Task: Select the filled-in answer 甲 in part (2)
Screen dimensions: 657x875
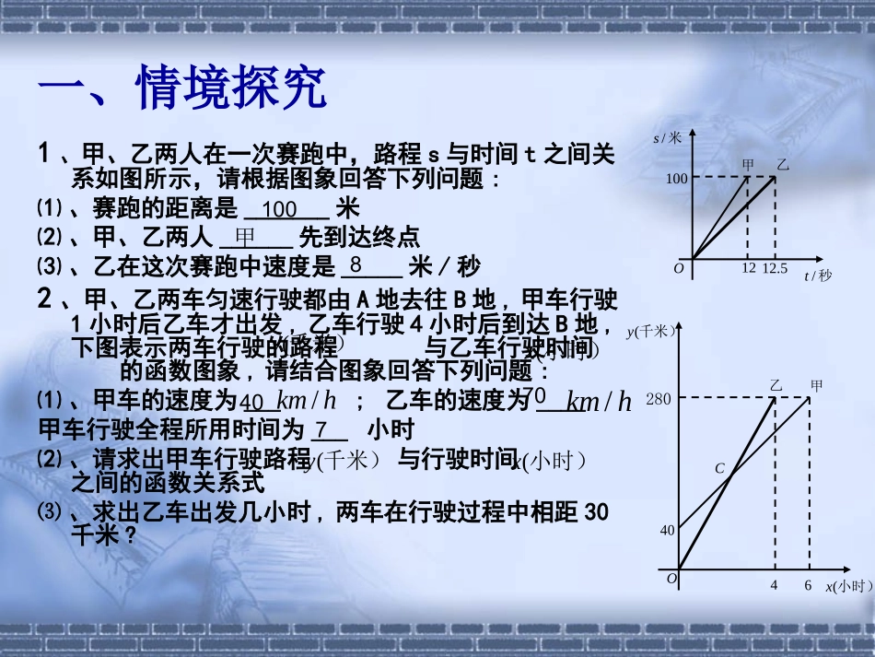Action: [x=245, y=238]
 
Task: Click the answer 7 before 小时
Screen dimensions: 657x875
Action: [x=321, y=430]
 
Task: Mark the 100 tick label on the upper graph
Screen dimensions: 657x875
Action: [x=677, y=179]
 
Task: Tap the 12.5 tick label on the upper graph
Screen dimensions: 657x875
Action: [x=776, y=268]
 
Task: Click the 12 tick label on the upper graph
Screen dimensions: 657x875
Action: [x=748, y=268]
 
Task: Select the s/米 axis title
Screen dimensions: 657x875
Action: [x=668, y=138]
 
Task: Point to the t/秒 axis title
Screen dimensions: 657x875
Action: [x=817, y=276]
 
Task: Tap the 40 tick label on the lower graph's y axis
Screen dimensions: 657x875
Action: [x=668, y=530]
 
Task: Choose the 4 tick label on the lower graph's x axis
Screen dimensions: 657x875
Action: [x=774, y=585]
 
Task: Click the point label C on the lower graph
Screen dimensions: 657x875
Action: [x=720, y=468]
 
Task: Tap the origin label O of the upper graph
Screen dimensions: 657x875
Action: [x=679, y=268]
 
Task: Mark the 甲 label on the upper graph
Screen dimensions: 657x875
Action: [x=748, y=165]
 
